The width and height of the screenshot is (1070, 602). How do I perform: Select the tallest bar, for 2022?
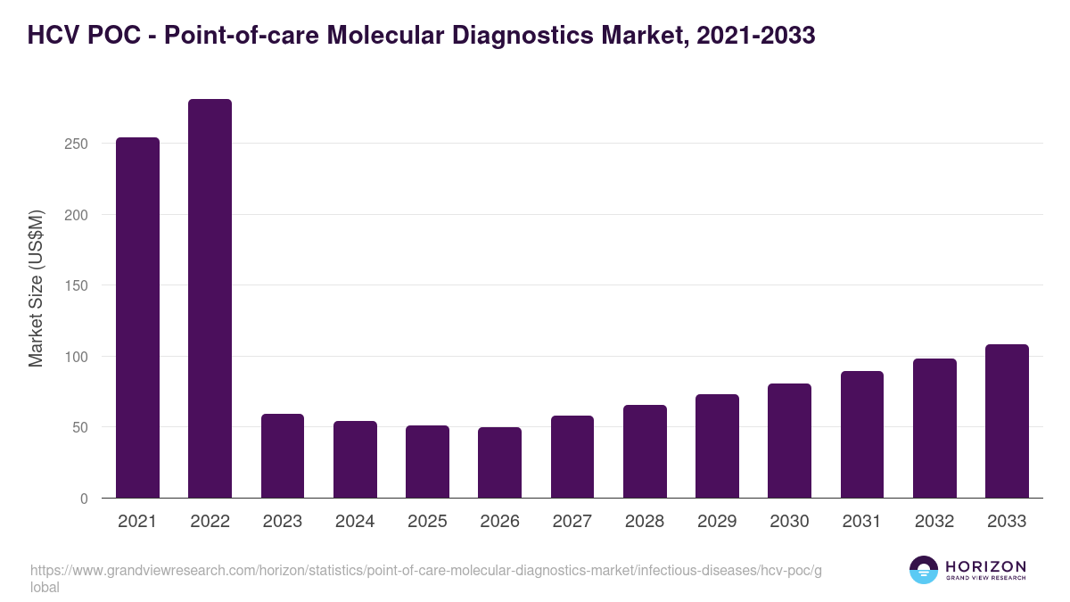pyautogui.click(x=210, y=299)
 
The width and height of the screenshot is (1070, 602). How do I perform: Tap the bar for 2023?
pyautogui.click(x=283, y=456)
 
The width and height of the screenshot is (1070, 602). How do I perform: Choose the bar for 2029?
pyautogui.click(x=717, y=446)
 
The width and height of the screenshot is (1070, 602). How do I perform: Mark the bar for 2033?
pyautogui.click(x=1007, y=421)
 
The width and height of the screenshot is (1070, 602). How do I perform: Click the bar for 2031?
pyautogui.click(x=861, y=434)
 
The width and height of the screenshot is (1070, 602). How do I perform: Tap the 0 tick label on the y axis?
pyautogui.click(x=84, y=499)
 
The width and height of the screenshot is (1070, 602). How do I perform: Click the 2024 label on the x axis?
pyautogui.click(x=355, y=522)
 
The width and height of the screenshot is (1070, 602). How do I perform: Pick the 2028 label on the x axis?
pyautogui.click(x=645, y=522)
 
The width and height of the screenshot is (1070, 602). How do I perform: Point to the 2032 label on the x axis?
pyautogui.click(x=934, y=522)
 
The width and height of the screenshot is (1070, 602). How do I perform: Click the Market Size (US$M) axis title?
pyautogui.click(x=36, y=287)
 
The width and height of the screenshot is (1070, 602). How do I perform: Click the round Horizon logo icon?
pyautogui.click(x=924, y=570)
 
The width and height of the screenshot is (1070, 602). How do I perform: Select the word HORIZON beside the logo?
pyautogui.click(x=985, y=566)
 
